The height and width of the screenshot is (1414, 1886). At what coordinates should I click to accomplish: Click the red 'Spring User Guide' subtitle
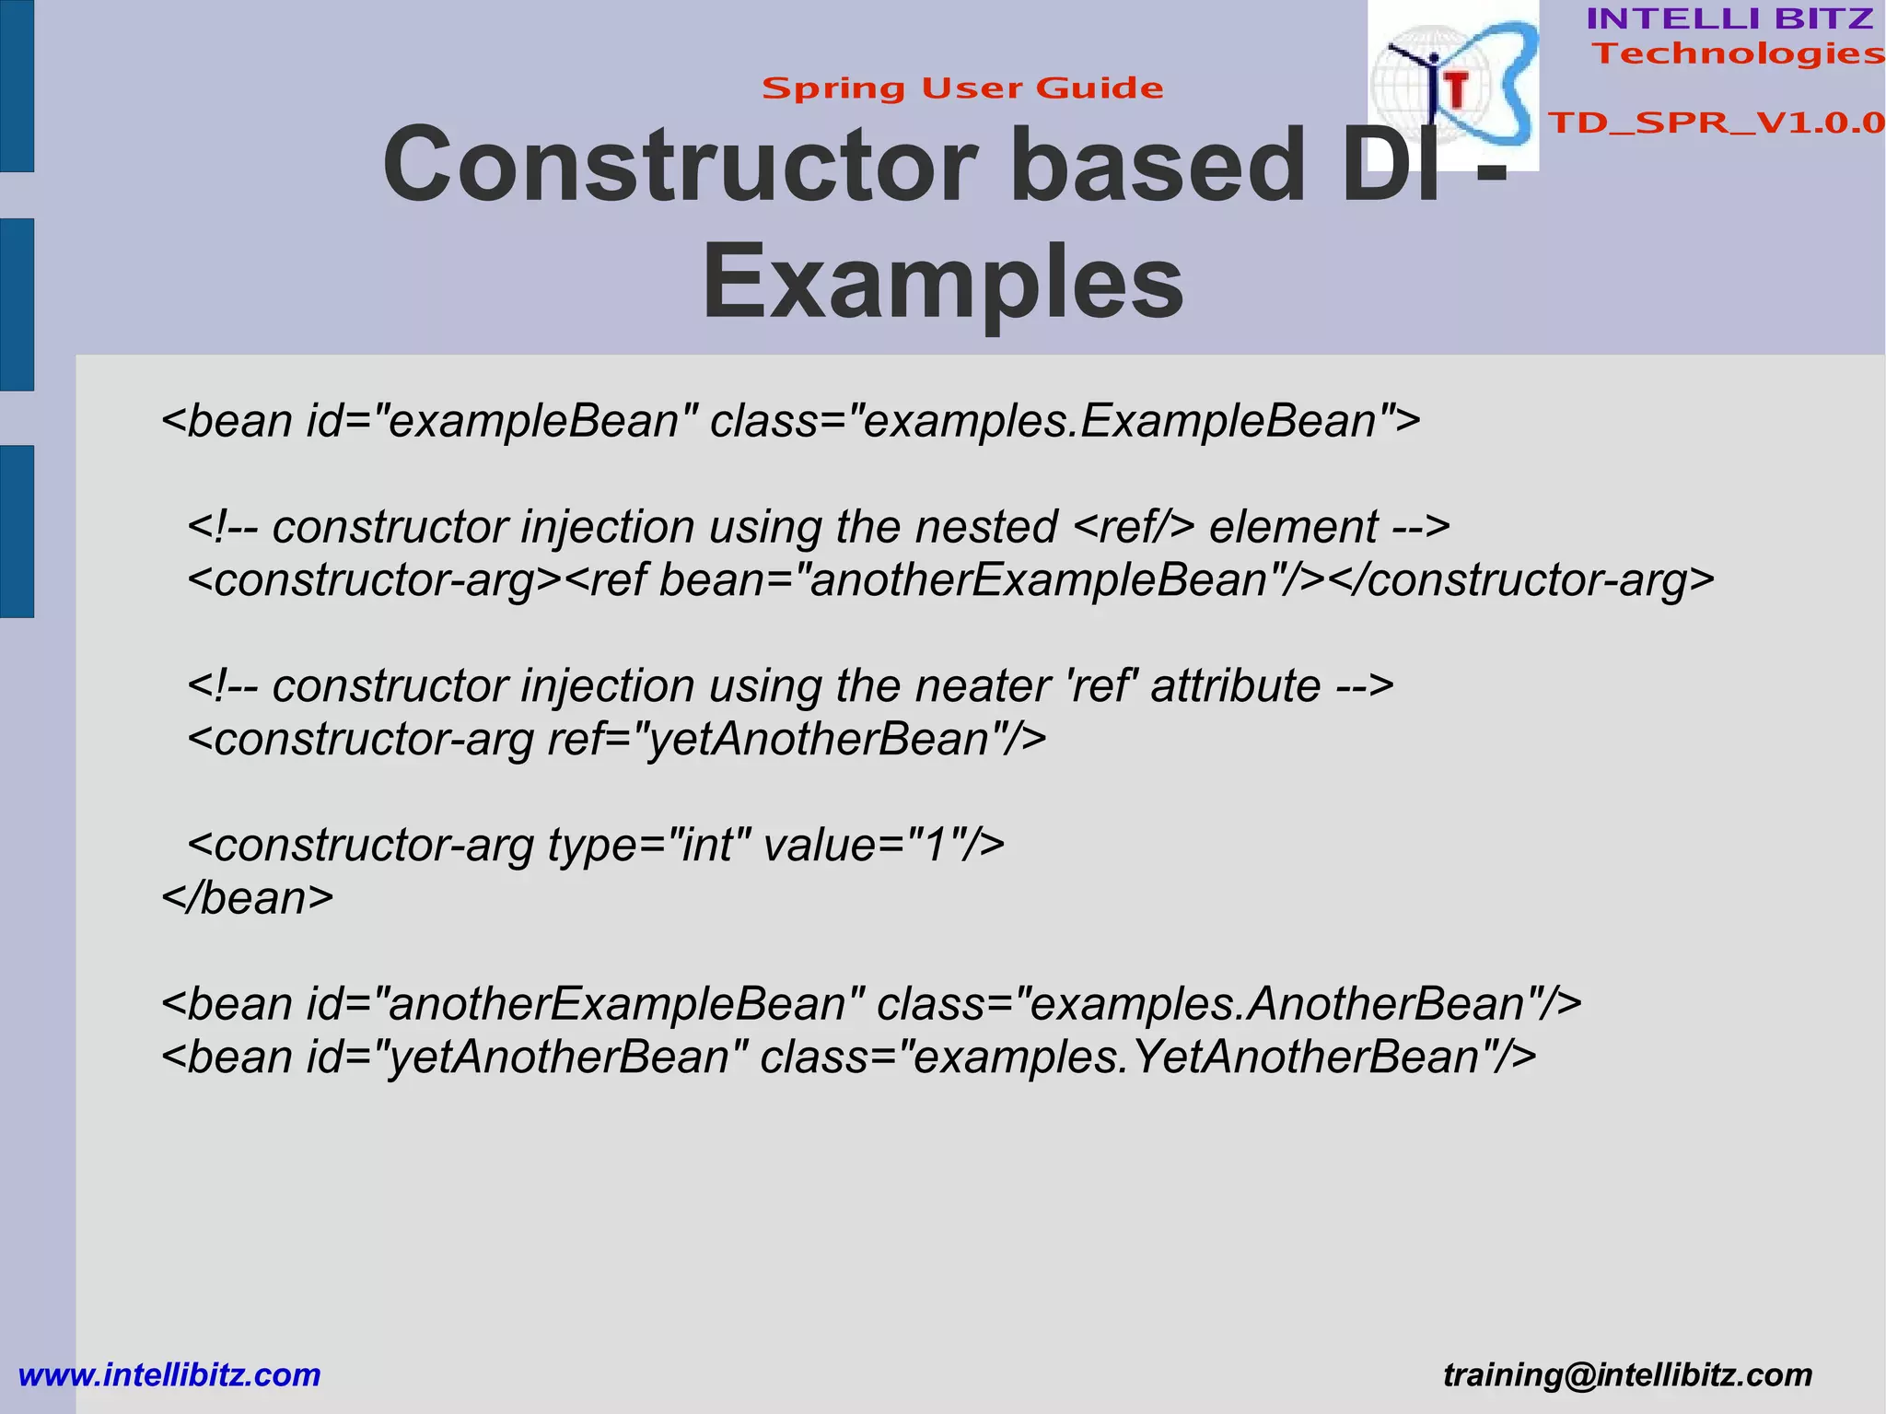(x=962, y=88)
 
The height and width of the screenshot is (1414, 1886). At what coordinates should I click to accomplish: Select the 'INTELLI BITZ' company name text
(x=1729, y=18)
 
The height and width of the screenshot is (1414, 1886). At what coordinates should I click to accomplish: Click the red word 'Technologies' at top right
(x=1739, y=53)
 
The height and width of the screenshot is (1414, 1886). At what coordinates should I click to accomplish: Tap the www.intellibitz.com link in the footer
(x=169, y=1375)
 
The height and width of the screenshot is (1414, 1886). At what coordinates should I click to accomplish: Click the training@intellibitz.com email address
(x=1627, y=1375)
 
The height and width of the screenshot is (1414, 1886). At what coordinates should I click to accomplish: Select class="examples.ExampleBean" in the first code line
(x=1065, y=421)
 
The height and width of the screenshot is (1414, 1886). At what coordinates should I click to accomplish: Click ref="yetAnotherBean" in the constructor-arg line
(x=796, y=739)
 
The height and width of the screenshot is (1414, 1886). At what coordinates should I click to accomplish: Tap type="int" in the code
(x=649, y=845)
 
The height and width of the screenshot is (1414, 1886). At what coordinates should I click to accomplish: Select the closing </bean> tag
(x=247, y=898)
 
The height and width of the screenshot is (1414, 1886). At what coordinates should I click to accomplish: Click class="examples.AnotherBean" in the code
(x=1228, y=1004)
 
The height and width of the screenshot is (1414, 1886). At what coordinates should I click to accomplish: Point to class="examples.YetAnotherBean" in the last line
(x=1147, y=1057)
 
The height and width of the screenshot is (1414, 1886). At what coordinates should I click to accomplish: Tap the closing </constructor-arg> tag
(x=1519, y=580)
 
